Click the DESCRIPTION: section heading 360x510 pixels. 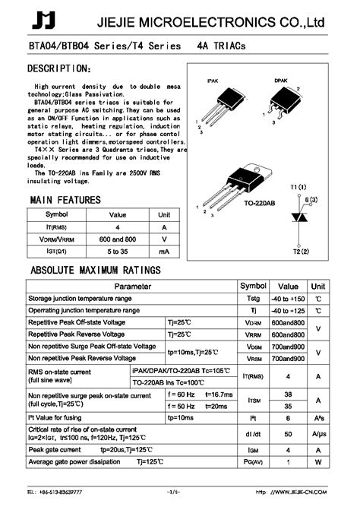(x=60, y=70)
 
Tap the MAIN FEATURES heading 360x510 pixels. (x=65, y=200)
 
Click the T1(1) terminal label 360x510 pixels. (x=298, y=187)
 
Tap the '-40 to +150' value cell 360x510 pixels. (x=288, y=299)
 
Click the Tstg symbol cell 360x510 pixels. (x=253, y=299)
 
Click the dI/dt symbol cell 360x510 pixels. (x=253, y=433)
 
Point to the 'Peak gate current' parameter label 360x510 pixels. (x=55, y=450)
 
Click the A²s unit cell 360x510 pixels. (x=320, y=417)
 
